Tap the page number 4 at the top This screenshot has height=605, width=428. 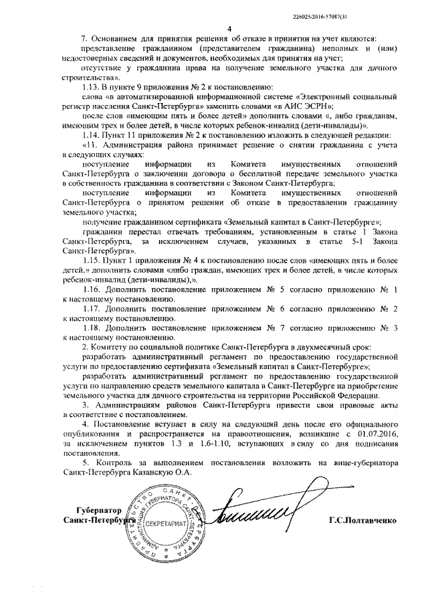click(x=229, y=29)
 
